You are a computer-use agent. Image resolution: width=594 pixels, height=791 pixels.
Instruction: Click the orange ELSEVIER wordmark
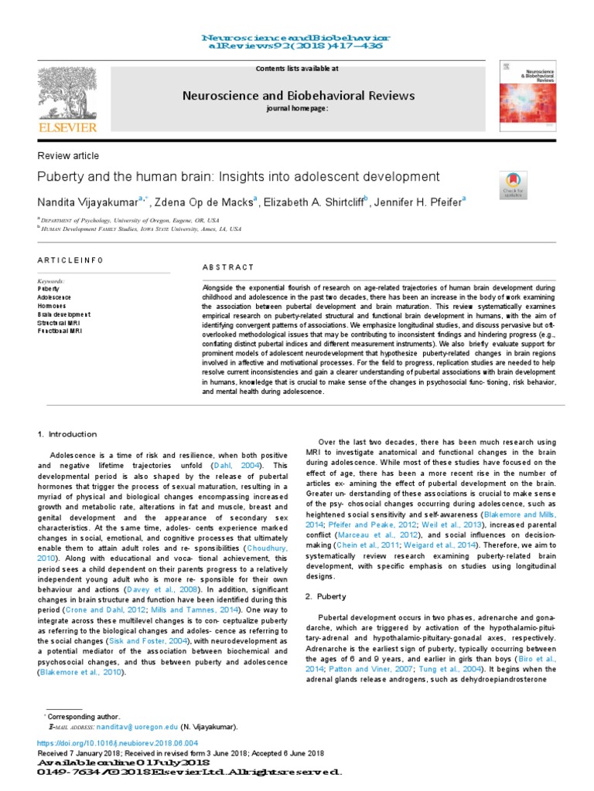tap(69, 127)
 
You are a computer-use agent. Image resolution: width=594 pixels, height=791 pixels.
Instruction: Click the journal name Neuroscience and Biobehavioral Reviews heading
tap(298, 96)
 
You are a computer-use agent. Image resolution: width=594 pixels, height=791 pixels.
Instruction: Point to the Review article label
tap(69, 156)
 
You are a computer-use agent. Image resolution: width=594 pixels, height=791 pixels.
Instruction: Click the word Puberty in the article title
tap(61, 177)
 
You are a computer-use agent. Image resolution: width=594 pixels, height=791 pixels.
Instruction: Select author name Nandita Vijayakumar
tap(87, 202)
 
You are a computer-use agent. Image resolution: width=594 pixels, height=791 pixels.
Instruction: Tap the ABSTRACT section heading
tap(227, 267)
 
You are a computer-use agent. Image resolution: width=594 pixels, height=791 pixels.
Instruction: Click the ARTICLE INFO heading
tap(70, 260)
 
